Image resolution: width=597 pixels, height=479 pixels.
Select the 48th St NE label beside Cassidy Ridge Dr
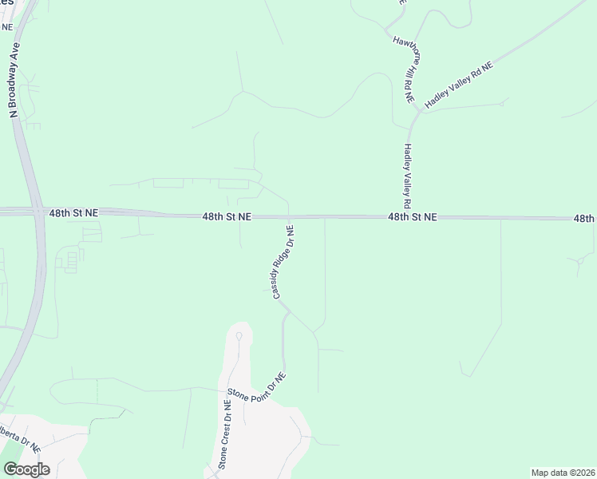click(227, 216)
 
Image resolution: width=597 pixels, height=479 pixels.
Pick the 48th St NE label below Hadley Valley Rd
click(413, 216)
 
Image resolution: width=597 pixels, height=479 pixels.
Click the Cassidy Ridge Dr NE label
click(284, 263)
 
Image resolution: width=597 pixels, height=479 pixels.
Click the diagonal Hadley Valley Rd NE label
click(459, 85)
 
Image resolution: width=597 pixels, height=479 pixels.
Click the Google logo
click(26, 469)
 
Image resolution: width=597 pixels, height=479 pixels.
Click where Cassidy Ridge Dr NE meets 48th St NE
click(288, 216)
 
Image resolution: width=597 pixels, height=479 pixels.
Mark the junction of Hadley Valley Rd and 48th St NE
click(412, 216)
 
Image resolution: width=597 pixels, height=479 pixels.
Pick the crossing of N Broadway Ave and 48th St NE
click(37, 212)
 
